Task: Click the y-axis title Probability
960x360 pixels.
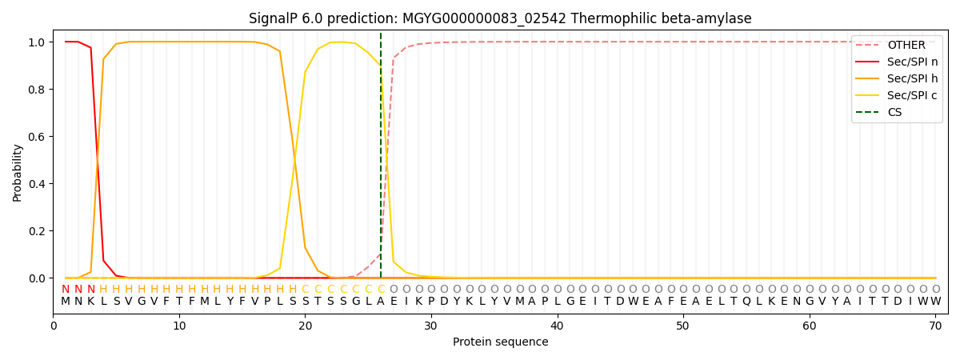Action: point(17,172)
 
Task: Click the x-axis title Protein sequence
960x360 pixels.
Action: point(500,342)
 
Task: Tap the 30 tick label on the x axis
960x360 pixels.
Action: point(431,326)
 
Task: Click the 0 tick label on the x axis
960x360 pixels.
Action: point(54,326)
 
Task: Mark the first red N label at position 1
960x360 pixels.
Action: point(66,290)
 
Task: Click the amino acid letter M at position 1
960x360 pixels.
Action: point(66,302)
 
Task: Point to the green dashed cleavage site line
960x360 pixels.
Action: point(381,160)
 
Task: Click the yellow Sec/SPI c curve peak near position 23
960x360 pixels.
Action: point(343,42)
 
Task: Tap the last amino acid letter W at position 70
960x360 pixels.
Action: point(935,302)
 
